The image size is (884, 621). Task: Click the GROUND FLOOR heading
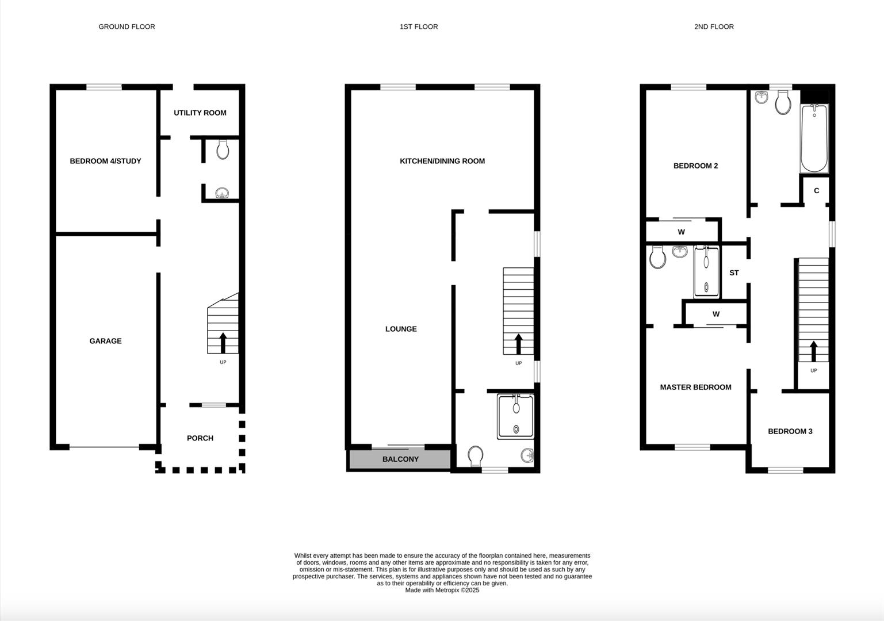[127, 26]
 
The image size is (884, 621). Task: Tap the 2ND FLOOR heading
[714, 26]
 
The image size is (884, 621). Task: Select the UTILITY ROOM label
[200, 113]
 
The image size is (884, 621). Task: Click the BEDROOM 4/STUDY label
[105, 161]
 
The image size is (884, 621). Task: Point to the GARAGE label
[105, 341]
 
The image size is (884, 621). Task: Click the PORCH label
[200, 438]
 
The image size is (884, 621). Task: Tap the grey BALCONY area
[400, 459]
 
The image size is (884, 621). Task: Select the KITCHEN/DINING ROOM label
[442, 161]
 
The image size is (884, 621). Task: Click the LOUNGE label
[401, 329]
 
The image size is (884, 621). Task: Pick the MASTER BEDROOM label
[695, 387]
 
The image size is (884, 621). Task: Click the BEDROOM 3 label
[790, 431]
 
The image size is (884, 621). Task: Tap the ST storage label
[734, 273]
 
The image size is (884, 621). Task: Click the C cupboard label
[816, 191]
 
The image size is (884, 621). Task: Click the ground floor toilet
[223, 150]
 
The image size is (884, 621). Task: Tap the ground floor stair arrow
[223, 343]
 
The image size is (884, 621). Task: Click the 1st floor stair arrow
[518, 344]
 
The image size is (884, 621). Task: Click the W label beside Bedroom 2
[681, 232]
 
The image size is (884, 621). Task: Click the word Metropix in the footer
[447, 590]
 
